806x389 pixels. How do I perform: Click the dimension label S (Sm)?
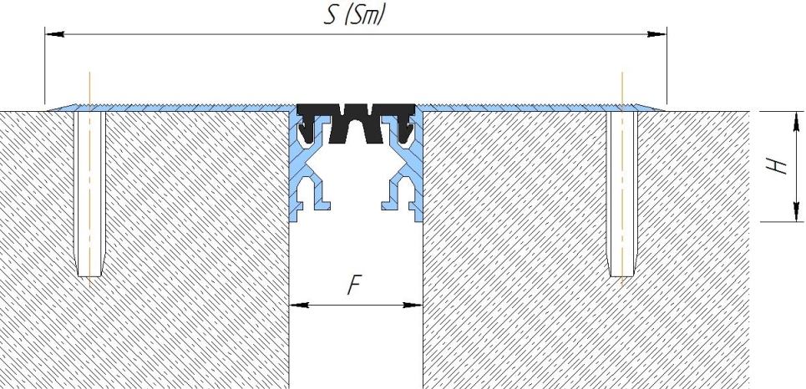click(x=355, y=14)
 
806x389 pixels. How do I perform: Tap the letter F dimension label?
click(x=355, y=285)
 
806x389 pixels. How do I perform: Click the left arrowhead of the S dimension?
click(x=54, y=34)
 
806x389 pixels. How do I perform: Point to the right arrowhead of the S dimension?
click(x=657, y=34)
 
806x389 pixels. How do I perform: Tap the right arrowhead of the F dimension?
click(x=413, y=305)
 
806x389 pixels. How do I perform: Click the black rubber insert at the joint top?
click(x=356, y=123)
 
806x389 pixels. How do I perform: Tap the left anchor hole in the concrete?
click(x=89, y=193)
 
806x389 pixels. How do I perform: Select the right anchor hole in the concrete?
click(x=622, y=193)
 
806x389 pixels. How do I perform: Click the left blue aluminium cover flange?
click(x=170, y=108)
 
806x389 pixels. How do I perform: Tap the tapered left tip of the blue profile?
click(x=48, y=110)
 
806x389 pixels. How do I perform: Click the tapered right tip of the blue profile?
click(x=664, y=110)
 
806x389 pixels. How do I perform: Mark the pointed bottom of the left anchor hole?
click(x=89, y=276)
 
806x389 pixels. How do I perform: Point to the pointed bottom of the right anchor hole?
click(x=622, y=276)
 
